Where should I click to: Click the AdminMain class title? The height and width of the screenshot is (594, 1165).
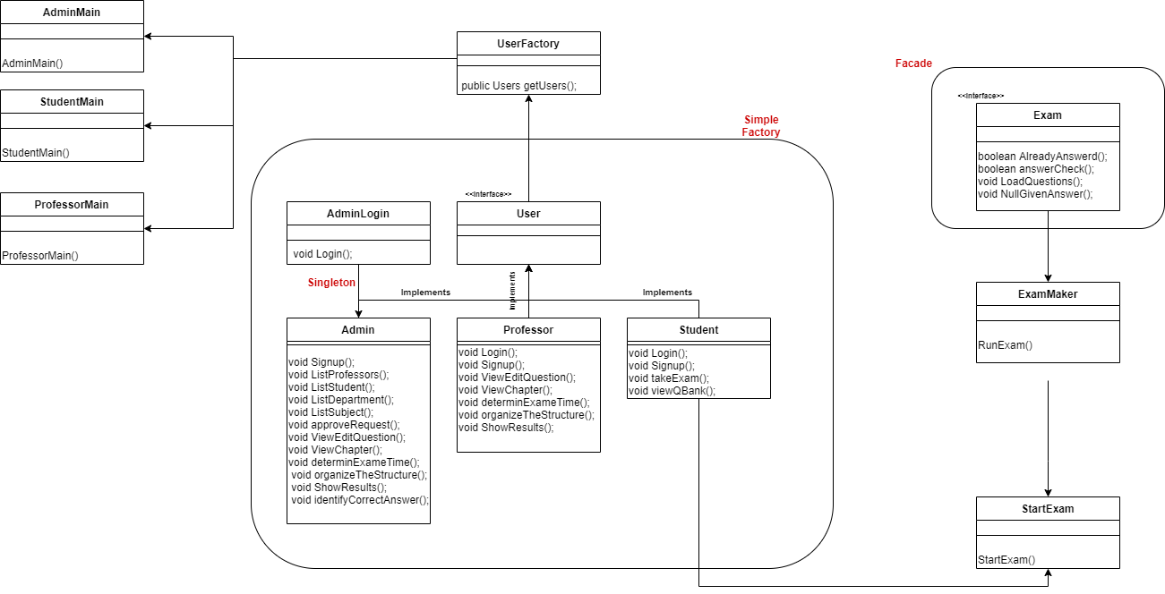[72, 12]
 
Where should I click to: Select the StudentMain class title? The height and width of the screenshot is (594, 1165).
[72, 101]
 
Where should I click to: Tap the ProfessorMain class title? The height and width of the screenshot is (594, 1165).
[72, 204]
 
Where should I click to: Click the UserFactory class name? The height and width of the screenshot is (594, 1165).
[528, 43]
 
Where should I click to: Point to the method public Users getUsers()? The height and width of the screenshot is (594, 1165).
[519, 86]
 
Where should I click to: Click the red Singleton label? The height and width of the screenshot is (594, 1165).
[331, 282]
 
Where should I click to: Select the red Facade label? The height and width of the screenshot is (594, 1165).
[913, 64]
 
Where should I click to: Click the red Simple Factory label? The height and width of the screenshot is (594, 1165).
[761, 126]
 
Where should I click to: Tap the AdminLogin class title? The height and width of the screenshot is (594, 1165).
[358, 213]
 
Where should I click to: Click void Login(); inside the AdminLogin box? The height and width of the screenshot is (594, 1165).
[322, 254]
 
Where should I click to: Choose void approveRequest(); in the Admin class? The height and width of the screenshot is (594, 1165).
[344, 425]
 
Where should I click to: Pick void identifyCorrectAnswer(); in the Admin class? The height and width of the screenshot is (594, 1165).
[360, 500]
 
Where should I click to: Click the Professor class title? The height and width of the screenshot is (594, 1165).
[528, 329]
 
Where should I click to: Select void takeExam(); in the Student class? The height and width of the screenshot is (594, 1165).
[669, 378]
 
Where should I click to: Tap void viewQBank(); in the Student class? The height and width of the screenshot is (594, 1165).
[672, 390]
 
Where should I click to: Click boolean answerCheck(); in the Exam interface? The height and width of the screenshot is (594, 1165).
[1036, 168]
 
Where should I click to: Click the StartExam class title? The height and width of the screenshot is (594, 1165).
[1048, 508]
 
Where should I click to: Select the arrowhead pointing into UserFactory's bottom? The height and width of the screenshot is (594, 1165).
[528, 100]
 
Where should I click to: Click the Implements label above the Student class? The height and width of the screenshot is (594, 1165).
[667, 293]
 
